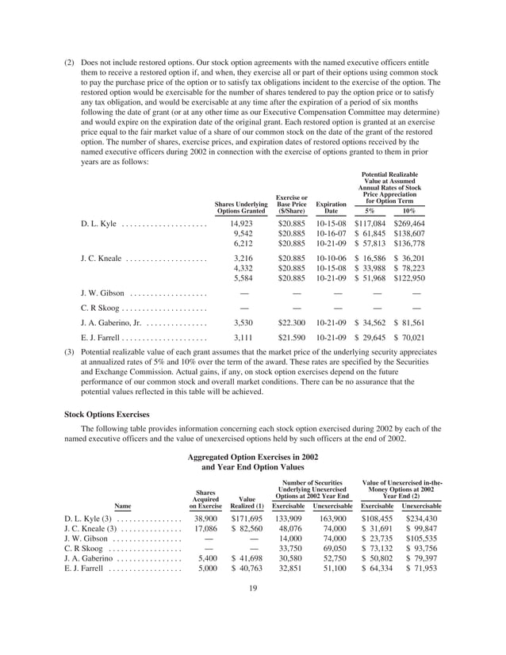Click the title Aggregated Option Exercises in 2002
tap(253, 458)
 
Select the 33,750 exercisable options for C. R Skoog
tap(288, 546)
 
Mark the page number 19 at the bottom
tap(253, 588)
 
